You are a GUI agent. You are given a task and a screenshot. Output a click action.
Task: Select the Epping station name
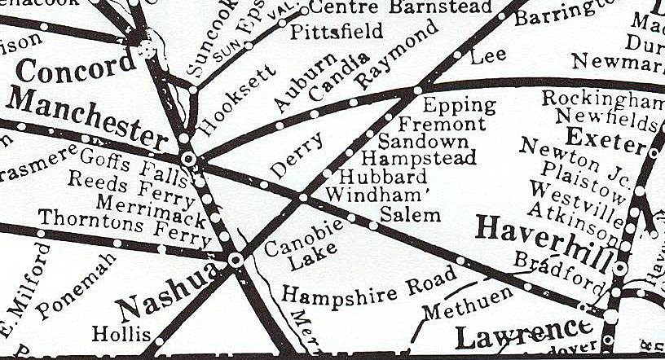point(459,105)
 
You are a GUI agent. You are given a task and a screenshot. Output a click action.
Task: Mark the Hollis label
point(121,333)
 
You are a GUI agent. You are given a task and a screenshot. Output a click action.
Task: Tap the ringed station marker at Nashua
point(236,260)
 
